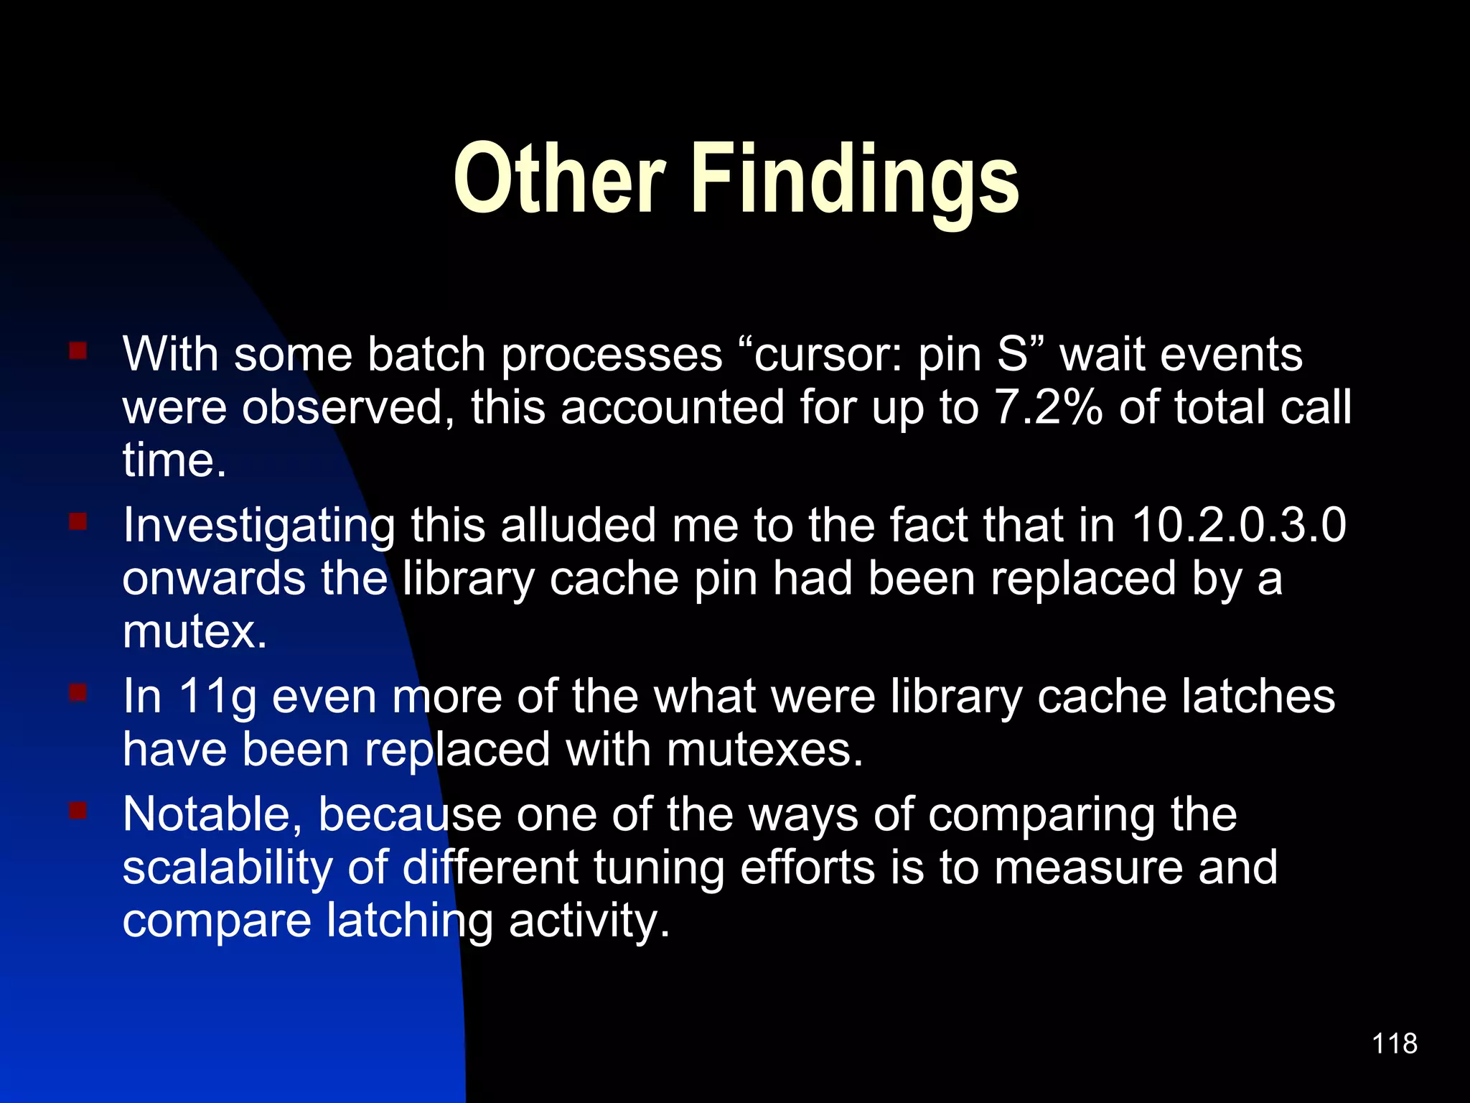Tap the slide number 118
(x=1394, y=1043)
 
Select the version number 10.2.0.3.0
(x=1238, y=525)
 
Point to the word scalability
(x=227, y=867)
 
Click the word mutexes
(x=764, y=749)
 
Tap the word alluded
(x=578, y=525)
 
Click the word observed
(x=348, y=407)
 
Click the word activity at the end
(x=589, y=921)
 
